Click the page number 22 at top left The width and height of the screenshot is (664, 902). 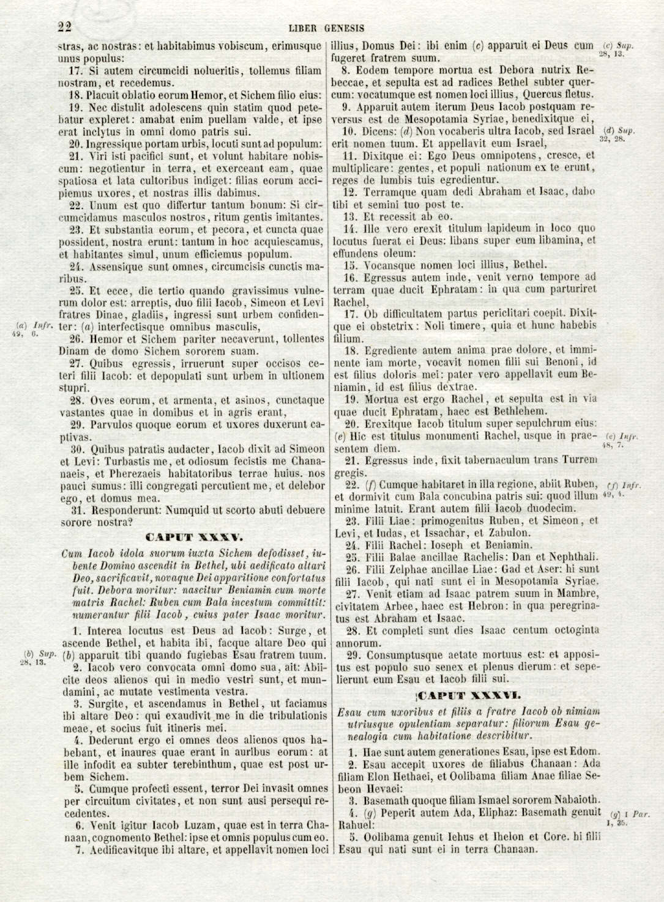[x=65, y=27]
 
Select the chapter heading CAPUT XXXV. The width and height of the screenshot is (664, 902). [x=195, y=538]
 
